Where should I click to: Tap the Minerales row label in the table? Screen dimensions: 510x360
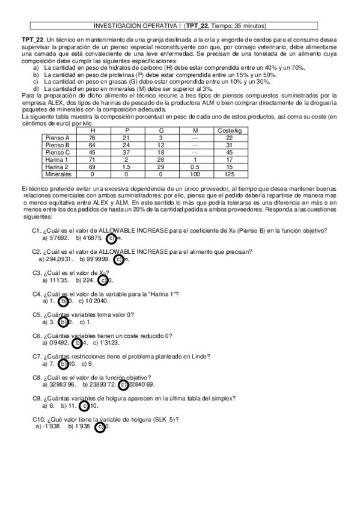[59, 174]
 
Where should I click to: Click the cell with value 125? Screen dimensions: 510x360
[228, 174]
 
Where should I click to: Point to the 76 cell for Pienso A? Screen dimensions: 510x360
[92, 138]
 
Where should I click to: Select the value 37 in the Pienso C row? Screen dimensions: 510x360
[126, 152]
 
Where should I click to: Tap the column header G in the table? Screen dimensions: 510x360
[160, 130]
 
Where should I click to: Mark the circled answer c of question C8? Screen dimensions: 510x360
[123, 384]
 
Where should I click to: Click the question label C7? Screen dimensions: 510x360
[37, 356]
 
